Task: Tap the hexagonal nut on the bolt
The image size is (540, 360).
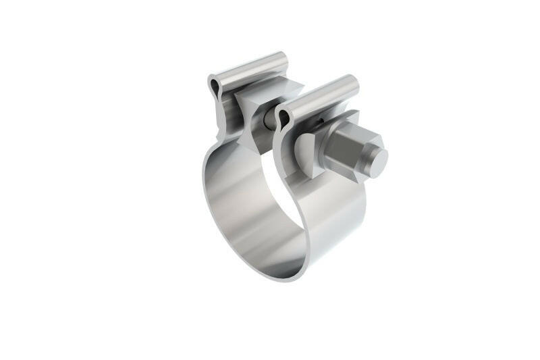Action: click(x=347, y=150)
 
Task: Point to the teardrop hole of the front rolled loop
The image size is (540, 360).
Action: click(x=284, y=119)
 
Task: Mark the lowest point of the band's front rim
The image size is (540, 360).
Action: click(x=283, y=278)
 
